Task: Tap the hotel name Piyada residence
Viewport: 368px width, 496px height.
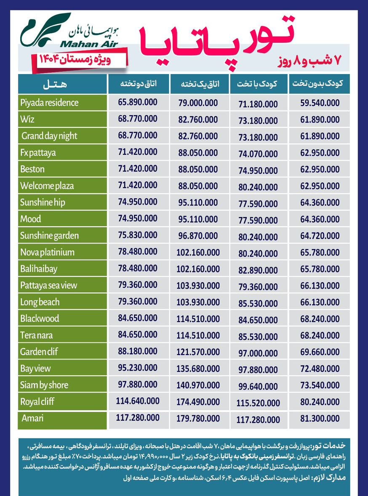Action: click(49, 103)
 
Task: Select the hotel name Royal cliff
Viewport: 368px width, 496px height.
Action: click(37, 401)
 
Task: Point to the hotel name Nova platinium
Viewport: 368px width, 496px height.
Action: click(47, 252)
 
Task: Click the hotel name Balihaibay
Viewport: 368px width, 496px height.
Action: click(39, 269)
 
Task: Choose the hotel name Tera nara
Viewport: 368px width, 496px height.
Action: click(37, 335)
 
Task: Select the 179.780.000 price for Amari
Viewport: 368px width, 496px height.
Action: click(198, 418)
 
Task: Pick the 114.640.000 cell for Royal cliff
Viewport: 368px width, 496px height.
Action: click(138, 401)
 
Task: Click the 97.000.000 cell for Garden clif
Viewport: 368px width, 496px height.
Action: click(258, 352)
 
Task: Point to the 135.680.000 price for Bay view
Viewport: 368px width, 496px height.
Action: click(198, 369)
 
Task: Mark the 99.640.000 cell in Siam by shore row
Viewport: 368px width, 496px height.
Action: click(258, 386)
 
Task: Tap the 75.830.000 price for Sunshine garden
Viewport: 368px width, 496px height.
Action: click(138, 236)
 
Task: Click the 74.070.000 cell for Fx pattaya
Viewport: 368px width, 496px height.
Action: click(258, 154)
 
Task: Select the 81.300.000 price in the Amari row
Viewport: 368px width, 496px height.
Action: click(320, 419)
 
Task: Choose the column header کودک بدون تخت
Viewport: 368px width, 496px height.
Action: click(319, 84)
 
